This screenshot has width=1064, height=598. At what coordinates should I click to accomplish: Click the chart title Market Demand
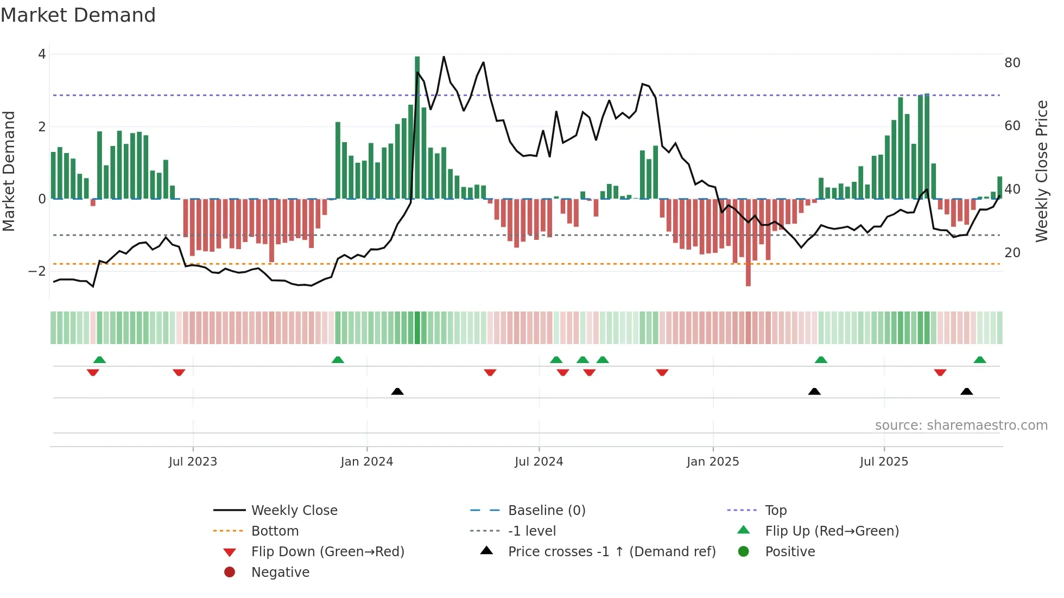tap(78, 15)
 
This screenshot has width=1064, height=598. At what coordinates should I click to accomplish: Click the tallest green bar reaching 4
tap(417, 128)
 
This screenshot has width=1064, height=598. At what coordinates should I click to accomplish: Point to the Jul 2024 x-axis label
tap(539, 462)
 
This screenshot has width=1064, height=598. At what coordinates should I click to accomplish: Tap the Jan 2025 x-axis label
tap(712, 462)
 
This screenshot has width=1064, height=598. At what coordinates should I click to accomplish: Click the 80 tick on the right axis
tap(1012, 63)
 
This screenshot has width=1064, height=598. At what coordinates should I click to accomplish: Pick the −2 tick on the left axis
tap(37, 271)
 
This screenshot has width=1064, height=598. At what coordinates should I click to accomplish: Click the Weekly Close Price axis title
tap(1041, 171)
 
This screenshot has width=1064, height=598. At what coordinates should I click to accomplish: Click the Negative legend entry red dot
tap(230, 572)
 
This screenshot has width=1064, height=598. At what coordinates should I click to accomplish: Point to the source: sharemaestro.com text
tap(961, 425)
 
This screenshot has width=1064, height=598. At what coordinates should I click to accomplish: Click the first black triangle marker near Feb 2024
tap(397, 391)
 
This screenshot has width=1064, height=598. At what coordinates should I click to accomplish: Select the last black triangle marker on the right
tap(966, 391)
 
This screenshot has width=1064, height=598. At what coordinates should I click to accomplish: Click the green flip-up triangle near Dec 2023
tap(338, 360)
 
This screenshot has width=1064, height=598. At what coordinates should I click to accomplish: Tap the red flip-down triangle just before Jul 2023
tap(179, 372)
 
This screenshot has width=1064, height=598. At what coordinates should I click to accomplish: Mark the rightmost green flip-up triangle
tap(979, 360)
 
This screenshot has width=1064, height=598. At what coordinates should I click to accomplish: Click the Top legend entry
tap(775, 511)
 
